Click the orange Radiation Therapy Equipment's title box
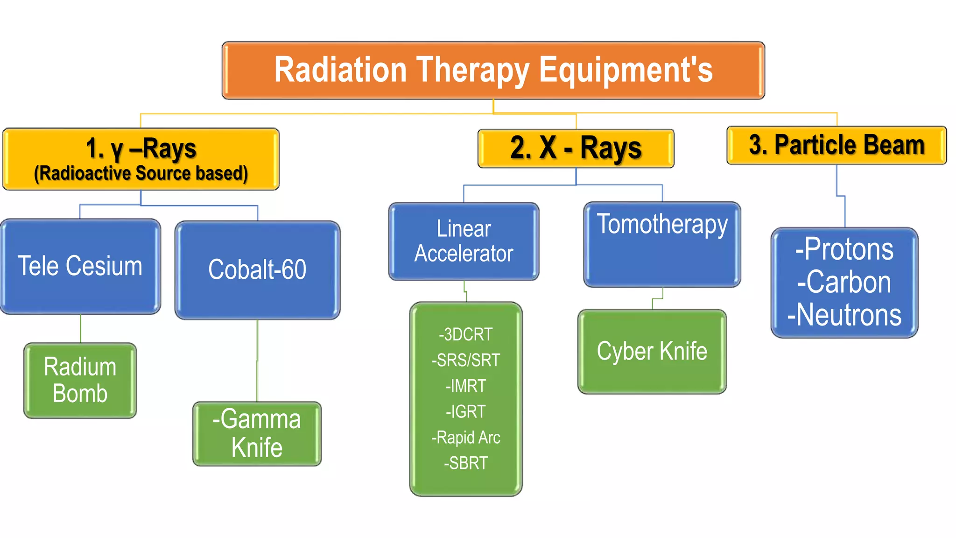[493, 70]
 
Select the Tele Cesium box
[80, 266]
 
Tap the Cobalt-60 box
[257, 270]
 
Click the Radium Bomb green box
[80, 380]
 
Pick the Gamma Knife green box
[257, 433]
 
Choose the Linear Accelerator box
[464, 241]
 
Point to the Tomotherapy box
[662, 244]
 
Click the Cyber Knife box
[652, 351]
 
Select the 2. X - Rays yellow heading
[576, 148]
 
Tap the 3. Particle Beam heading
[836, 145]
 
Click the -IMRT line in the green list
[466, 386]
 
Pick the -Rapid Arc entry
[466, 438]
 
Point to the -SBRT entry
[466, 463]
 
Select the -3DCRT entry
[466, 334]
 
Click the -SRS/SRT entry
[466, 360]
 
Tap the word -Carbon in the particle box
[844, 282]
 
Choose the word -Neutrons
[844, 315]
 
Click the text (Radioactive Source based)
[141, 173]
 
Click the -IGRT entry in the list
[466, 411]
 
